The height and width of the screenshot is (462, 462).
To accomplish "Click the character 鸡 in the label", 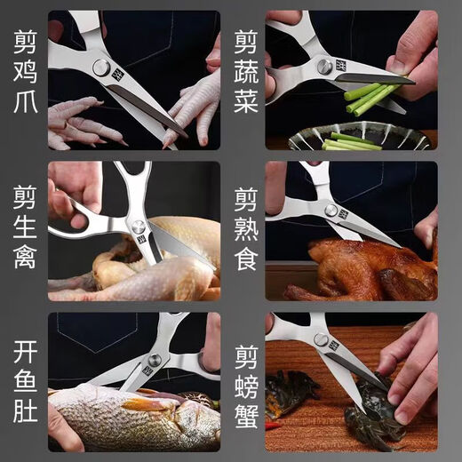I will (x=24, y=79).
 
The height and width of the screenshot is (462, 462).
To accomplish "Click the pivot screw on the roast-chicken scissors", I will (x=330, y=211).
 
